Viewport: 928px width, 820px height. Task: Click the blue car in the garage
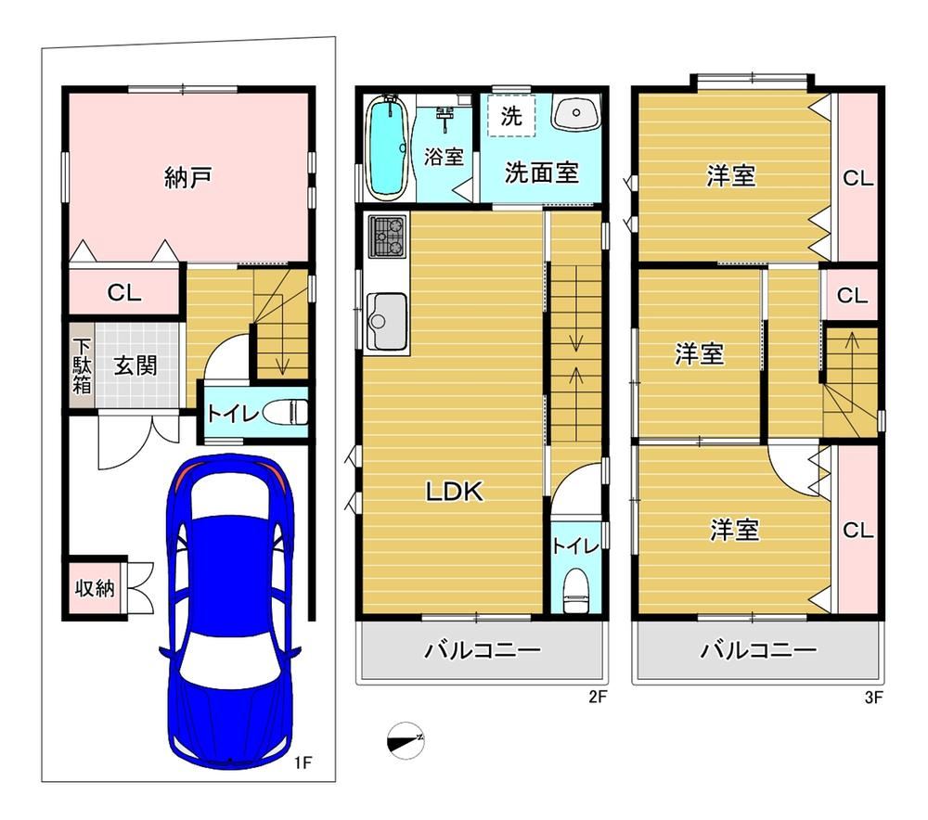click(x=230, y=609)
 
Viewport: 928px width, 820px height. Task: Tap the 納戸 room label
click(x=188, y=177)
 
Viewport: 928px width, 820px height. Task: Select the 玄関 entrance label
click(x=135, y=365)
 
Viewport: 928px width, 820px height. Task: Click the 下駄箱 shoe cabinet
click(x=82, y=365)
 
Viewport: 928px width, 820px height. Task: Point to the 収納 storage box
click(x=95, y=588)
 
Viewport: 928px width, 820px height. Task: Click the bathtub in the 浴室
click(x=388, y=147)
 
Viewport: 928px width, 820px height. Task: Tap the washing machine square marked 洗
click(x=512, y=115)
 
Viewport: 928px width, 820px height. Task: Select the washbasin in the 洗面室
click(x=576, y=112)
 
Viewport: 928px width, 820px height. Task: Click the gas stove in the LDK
click(x=388, y=236)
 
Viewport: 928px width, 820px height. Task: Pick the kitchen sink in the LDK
click(x=387, y=321)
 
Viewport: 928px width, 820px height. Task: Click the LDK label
click(x=455, y=491)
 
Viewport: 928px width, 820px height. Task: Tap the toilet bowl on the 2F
click(x=576, y=592)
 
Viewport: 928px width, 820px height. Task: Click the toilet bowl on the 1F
click(x=285, y=412)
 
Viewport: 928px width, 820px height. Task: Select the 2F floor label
click(x=598, y=697)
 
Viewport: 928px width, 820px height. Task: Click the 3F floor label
click(x=873, y=697)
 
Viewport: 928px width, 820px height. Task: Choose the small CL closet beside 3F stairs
click(x=852, y=295)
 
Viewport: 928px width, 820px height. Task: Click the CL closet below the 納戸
click(x=124, y=292)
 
